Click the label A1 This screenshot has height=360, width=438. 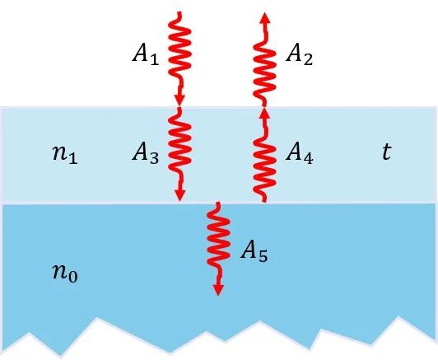click(146, 54)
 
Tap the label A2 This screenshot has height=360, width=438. click(299, 54)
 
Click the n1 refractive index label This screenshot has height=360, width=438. click(65, 155)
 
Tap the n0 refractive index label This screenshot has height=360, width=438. click(65, 274)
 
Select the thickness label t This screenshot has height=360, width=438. click(387, 152)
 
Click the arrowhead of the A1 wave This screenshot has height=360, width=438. click(179, 100)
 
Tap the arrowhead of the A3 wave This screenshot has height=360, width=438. click(179, 194)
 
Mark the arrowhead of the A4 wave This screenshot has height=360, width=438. click(265, 112)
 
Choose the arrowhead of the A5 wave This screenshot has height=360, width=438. click(218, 290)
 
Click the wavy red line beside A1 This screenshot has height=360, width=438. click(179, 53)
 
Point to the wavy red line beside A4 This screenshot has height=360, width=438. click(264, 157)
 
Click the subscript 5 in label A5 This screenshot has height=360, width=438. click(263, 256)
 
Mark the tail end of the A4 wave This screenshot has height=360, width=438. click(263, 200)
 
